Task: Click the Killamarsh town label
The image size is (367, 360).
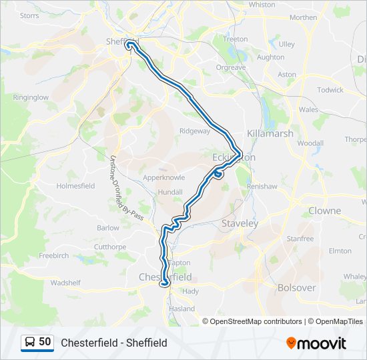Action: pos(270,133)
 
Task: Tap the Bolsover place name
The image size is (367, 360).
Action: pos(296,288)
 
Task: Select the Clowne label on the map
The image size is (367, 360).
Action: pos(324,211)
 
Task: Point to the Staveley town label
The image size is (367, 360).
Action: pos(240,224)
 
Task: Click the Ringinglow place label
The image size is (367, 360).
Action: pos(31,97)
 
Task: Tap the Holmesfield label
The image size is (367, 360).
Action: pos(76,186)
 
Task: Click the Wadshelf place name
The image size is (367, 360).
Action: pos(65,283)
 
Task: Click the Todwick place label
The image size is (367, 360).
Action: pos(330,90)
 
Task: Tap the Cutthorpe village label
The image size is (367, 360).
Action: pos(109,247)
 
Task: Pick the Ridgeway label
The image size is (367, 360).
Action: pos(194,131)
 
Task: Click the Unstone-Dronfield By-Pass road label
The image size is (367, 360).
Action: pos(123,189)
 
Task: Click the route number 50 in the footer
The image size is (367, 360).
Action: pos(45,342)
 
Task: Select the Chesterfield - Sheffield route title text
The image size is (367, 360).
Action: pos(113,343)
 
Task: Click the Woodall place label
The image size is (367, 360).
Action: pos(310,143)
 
